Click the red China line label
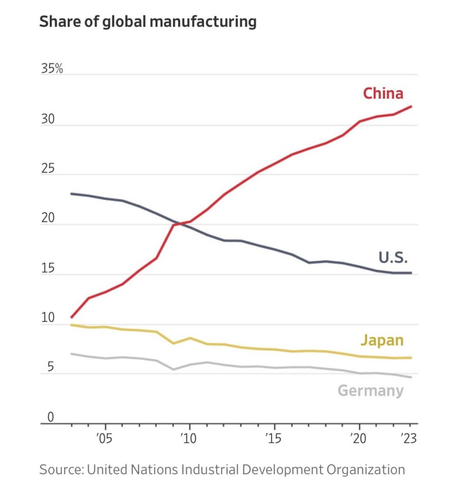383,93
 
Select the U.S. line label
393,258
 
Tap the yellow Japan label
382,340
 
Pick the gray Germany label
371,391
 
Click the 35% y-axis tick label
52,69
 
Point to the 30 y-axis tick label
48,120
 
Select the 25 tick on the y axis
48,169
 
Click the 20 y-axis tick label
48,219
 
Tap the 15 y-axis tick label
48,269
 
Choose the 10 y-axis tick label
48,318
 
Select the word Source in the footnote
60,470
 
